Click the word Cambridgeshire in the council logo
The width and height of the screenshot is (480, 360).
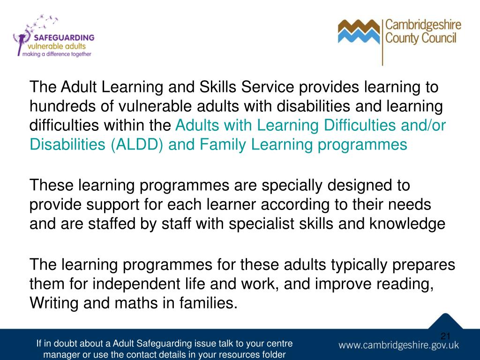[423, 25]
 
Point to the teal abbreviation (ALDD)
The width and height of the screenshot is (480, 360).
[138, 144]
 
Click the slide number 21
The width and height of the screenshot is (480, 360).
[445, 336]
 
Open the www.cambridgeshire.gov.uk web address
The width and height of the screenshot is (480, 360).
[399, 345]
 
